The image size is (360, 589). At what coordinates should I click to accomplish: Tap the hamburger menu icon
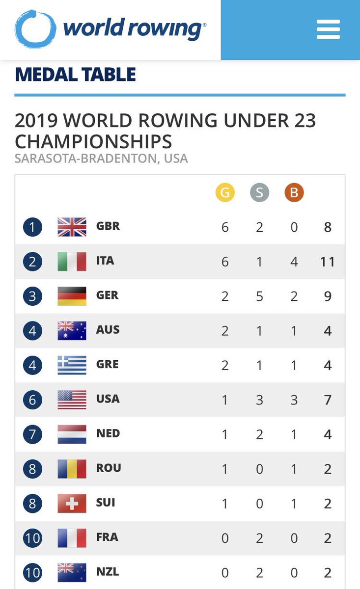(x=328, y=29)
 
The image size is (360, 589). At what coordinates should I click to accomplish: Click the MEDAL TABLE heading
(x=75, y=75)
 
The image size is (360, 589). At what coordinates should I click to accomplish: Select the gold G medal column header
(x=225, y=192)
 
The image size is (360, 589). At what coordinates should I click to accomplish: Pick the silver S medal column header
(x=259, y=192)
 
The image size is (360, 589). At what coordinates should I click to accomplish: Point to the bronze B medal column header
(x=294, y=192)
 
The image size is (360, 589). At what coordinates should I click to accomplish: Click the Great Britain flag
(x=72, y=227)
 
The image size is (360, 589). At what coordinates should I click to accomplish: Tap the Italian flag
(x=72, y=261)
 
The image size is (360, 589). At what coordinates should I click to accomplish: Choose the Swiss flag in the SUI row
(x=72, y=503)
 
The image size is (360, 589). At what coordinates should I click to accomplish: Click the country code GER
(x=108, y=295)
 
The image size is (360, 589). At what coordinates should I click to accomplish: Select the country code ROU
(x=109, y=468)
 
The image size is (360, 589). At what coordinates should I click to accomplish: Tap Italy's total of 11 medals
(x=327, y=262)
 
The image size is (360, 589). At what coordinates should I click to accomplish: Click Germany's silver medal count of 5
(x=259, y=296)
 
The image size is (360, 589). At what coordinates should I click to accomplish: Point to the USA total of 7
(x=328, y=400)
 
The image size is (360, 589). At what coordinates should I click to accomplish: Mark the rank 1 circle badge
(x=32, y=227)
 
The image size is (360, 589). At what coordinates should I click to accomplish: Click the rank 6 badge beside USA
(x=32, y=400)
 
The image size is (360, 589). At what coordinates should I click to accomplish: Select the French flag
(x=72, y=537)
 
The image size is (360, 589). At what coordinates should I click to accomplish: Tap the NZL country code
(x=108, y=572)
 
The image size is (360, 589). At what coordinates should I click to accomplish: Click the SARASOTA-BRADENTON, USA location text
(x=101, y=159)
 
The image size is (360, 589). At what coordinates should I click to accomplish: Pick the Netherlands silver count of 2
(x=259, y=434)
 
